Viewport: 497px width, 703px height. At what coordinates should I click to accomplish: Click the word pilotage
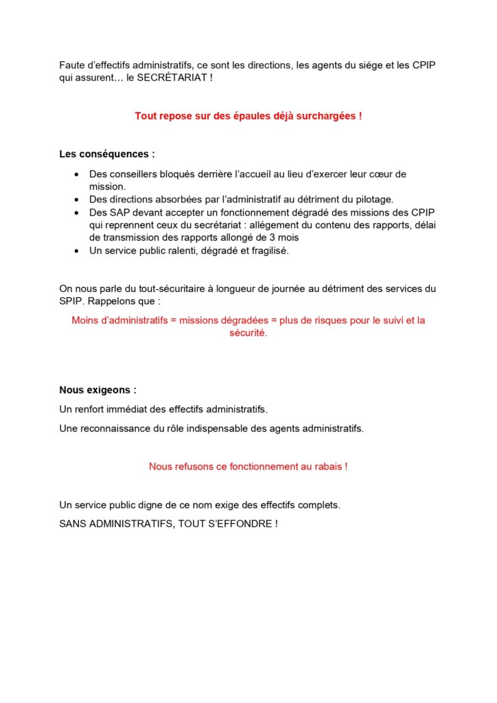point(375,200)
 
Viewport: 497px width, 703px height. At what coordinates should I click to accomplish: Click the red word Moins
point(85,321)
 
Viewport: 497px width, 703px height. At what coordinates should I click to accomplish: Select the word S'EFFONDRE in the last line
point(238,524)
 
